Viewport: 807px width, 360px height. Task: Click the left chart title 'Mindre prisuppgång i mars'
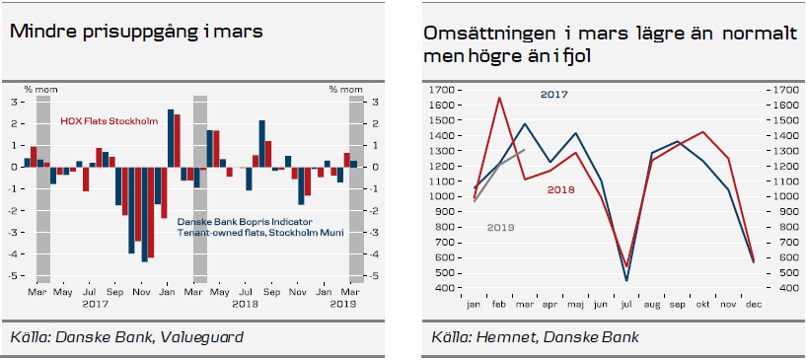point(135,32)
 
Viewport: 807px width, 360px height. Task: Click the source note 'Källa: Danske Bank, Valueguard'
point(126,337)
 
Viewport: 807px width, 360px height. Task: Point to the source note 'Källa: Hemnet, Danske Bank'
point(535,337)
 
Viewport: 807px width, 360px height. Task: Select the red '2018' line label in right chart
point(562,188)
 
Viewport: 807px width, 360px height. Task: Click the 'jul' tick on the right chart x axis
point(625,305)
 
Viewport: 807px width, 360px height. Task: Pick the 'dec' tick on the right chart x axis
point(754,305)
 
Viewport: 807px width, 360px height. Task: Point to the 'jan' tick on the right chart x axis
point(474,305)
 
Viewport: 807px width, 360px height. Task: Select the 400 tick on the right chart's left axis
point(443,289)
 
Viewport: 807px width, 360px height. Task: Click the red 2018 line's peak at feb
point(499,98)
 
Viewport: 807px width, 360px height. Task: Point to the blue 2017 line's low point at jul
point(627,281)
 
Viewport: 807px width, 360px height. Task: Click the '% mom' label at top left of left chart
point(37,90)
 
